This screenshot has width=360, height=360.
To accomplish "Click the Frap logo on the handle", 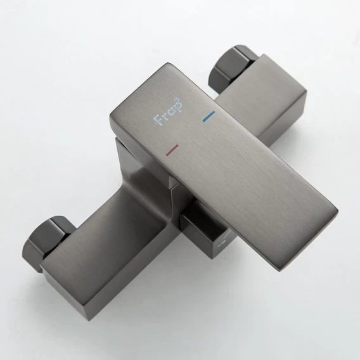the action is [x=168, y=112].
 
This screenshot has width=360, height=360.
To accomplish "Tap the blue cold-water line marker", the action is [x=209, y=116].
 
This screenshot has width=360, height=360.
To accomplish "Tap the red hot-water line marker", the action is [x=172, y=150].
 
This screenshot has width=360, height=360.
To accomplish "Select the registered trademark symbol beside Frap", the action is [x=177, y=100].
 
